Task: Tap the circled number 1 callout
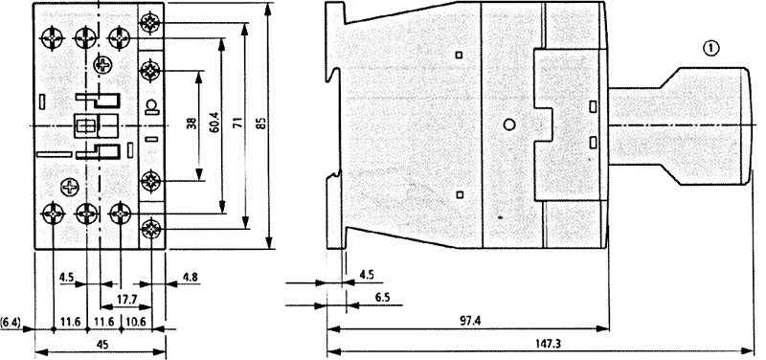click(711, 48)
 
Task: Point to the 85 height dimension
click(261, 123)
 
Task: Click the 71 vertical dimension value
click(239, 123)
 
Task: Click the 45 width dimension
click(102, 344)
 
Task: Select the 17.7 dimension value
click(127, 300)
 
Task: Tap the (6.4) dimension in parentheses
click(11, 323)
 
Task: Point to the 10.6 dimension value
click(135, 323)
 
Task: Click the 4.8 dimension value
click(190, 277)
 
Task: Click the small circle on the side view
click(509, 124)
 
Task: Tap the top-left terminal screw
click(53, 37)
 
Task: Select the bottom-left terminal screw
click(53, 213)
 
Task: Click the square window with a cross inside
click(85, 125)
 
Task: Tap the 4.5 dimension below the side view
click(367, 275)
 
